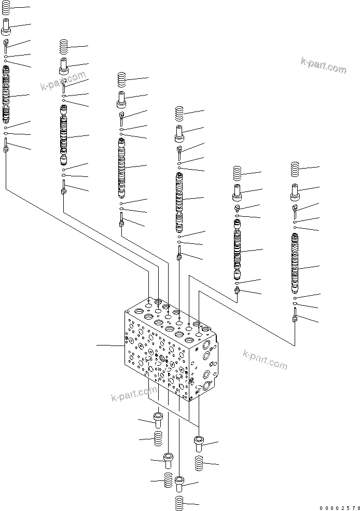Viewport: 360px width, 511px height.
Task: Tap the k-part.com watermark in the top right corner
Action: [x=323, y=66]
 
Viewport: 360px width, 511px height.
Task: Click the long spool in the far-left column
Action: [x=6, y=96]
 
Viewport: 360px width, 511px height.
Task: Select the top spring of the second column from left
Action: [x=64, y=47]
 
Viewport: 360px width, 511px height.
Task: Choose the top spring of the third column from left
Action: [x=121, y=80]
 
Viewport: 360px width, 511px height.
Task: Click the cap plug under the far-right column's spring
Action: [x=296, y=191]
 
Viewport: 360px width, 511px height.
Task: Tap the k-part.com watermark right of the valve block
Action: [x=265, y=360]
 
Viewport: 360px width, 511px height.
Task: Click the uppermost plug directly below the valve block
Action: [x=158, y=419]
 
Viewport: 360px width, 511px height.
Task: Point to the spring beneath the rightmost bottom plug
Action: [x=199, y=463]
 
